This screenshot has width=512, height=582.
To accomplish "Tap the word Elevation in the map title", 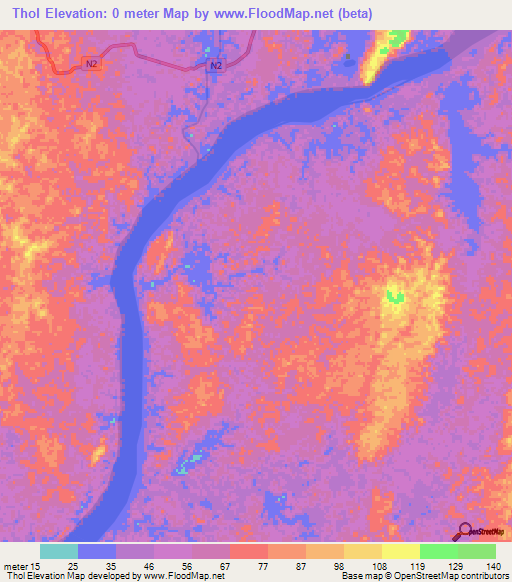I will (x=86, y=13).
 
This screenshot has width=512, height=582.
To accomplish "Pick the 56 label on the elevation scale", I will (x=190, y=566).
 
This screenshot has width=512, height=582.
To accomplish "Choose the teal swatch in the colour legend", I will (x=59, y=551).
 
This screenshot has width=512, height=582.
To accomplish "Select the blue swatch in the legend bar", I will (x=97, y=551).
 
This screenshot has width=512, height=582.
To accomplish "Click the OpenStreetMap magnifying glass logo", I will (x=464, y=531).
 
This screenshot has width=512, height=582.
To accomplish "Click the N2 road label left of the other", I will (x=92, y=63).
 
